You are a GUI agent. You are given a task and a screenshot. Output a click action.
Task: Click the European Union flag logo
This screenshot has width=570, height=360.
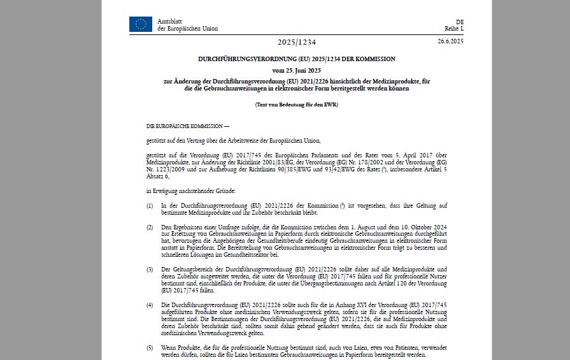pos(140,24)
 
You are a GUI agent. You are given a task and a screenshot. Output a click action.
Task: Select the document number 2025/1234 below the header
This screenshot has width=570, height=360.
pos(296,42)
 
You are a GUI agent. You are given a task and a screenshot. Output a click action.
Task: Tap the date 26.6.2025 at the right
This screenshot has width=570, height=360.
pos(450,41)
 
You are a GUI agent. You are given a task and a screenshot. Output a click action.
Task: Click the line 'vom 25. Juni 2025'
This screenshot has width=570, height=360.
pos(296,70)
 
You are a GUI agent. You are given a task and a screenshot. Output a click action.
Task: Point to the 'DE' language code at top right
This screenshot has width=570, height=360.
pos(460,22)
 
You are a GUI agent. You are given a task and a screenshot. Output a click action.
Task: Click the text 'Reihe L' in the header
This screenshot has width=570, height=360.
pos(454,29)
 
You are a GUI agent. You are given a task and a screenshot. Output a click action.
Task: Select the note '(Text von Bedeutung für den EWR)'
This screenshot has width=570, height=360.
pos(296,104)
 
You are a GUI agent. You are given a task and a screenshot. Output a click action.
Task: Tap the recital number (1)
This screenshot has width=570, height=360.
pos(150,206)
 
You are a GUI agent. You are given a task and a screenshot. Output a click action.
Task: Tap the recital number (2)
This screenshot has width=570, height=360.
pos(150,227)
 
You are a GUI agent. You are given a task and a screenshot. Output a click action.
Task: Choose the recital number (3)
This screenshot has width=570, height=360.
pos(150,270)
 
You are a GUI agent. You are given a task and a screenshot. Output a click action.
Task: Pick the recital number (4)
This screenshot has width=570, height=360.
pos(150,305)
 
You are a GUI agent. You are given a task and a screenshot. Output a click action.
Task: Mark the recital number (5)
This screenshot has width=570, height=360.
pos(150,347)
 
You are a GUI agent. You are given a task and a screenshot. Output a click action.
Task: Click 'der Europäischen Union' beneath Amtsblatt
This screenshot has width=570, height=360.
pos(187,29)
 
